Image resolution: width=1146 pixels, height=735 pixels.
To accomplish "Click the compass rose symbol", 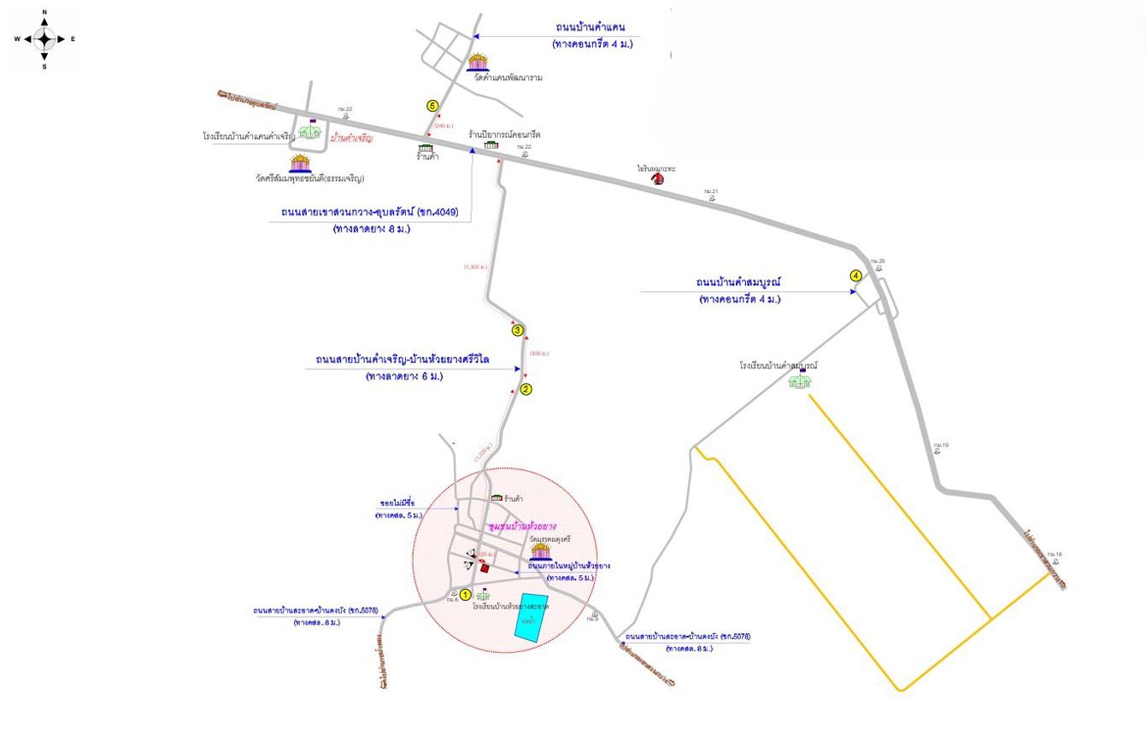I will tap(44, 38).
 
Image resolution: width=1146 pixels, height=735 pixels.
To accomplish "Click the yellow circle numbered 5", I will tap(432, 105).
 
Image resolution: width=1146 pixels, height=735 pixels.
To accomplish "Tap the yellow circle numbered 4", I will tap(855, 275).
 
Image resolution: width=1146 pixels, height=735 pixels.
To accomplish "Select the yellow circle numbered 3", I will tap(516, 330).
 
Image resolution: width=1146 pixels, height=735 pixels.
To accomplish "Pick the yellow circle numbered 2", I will tap(526, 389).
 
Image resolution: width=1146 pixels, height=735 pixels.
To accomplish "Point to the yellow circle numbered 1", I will tap(465, 594).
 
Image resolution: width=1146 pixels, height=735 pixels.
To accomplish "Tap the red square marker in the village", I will tap(485, 567).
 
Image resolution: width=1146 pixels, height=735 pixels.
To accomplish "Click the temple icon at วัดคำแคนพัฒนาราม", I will tap(479, 62).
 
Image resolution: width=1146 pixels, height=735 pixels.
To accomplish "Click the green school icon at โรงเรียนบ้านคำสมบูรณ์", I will tap(801, 380).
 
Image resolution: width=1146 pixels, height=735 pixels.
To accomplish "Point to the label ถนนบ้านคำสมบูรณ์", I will tap(739, 281).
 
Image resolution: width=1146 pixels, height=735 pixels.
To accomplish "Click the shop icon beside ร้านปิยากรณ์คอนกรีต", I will tap(491, 145).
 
